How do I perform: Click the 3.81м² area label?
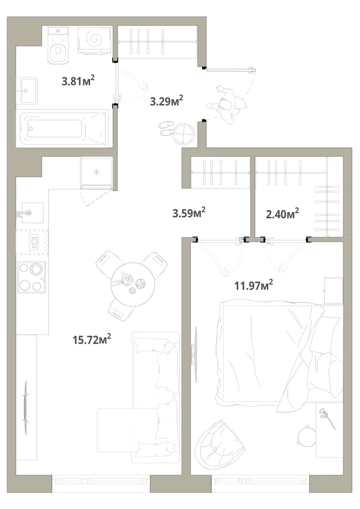pyautogui.click(x=78, y=80)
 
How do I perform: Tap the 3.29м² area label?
pyautogui.click(x=167, y=101)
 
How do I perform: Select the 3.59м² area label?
pyautogui.click(x=189, y=213)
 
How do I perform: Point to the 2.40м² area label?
pyautogui.click(x=283, y=214)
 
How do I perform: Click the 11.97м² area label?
pyautogui.click(x=254, y=286)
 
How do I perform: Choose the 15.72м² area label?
pyautogui.click(x=92, y=340)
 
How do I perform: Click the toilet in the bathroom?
pyautogui.click(x=59, y=45)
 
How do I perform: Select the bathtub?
pyautogui.click(x=64, y=128)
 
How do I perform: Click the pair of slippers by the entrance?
pyautogui.click(x=167, y=129)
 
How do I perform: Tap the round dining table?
pyautogui.click(x=133, y=284)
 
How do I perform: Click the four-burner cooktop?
pyautogui.click(x=31, y=277)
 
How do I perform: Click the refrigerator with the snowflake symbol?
pyautogui.click(x=97, y=173)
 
